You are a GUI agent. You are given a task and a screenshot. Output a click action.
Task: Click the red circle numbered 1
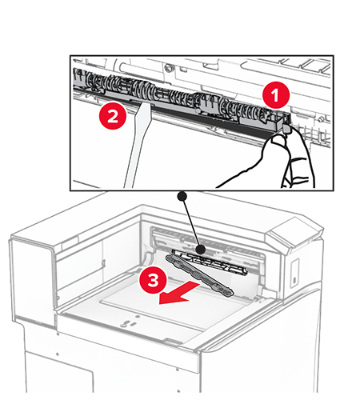(276, 95)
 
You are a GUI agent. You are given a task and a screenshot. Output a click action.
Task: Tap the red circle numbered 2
(113, 116)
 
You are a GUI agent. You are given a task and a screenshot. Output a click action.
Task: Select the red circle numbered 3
(154, 281)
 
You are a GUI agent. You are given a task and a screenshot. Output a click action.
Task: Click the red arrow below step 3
(179, 294)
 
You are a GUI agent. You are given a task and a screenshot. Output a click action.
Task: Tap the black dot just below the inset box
(182, 196)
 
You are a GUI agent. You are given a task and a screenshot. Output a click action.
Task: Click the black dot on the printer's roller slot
(201, 250)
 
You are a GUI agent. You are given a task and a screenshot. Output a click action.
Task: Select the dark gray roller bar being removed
(199, 275)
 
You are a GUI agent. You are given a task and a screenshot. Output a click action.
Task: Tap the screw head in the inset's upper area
(169, 67)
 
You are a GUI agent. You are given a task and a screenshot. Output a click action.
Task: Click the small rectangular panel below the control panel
(295, 273)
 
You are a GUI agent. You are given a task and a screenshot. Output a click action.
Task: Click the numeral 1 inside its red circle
(275, 95)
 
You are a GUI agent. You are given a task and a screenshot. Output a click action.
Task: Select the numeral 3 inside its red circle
(154, 281)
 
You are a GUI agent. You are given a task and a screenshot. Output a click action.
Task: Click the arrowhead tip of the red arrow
(159, 304)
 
